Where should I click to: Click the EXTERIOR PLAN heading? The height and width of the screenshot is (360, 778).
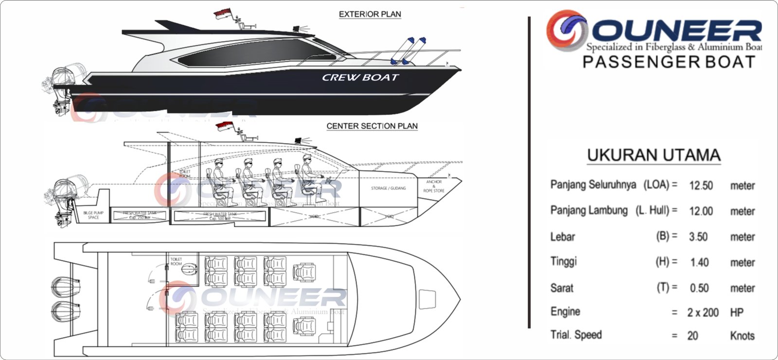(370, 14)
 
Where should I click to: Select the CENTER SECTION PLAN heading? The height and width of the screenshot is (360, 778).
(372, 126)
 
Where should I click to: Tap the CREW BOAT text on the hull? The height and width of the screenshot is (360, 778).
(360, 77)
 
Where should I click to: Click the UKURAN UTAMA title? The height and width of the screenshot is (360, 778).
(654, 155)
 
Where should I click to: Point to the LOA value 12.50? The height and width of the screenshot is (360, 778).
(701, 185)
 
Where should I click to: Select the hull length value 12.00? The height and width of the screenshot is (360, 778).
(701, 211)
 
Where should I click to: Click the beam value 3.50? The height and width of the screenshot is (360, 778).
(698, 237)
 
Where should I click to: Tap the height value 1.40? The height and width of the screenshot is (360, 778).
(699, 263)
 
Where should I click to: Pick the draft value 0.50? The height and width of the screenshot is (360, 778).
(699, 288)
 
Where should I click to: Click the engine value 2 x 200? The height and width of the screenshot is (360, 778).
(703, 313)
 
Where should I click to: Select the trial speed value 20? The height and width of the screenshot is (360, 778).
(692, 336)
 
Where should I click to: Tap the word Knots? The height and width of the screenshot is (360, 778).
(742, 336)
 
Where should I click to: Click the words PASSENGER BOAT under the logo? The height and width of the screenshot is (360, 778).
(669, 62)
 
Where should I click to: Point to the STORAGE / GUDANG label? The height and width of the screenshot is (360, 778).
(388, 188)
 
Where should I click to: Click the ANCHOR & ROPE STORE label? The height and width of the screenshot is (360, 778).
(434, 186)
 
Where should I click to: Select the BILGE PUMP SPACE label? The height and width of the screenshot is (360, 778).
(93, 215)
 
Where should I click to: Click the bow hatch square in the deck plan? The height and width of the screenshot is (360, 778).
(427, 298)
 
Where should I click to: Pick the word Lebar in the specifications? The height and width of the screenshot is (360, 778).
(563, 237)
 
